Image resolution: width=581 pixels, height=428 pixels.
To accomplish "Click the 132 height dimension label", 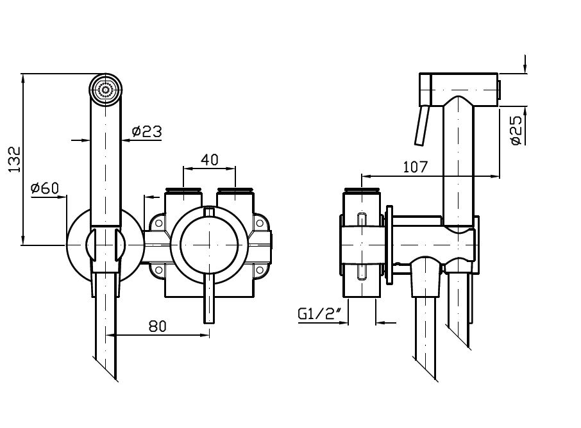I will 15,160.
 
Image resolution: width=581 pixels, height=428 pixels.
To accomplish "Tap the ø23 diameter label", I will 146,132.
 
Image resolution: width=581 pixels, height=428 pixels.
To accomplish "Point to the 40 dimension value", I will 210,160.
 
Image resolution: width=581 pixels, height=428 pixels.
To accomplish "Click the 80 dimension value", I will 158,326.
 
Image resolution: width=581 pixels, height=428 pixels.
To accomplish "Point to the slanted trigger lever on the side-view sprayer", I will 421,128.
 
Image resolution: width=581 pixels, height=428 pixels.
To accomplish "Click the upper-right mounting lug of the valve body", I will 261,224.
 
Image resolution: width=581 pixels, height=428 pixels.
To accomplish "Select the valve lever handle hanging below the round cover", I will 209,300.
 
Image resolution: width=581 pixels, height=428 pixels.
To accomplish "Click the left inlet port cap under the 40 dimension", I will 183,190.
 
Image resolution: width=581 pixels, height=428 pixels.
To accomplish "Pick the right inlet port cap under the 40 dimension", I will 235,190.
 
